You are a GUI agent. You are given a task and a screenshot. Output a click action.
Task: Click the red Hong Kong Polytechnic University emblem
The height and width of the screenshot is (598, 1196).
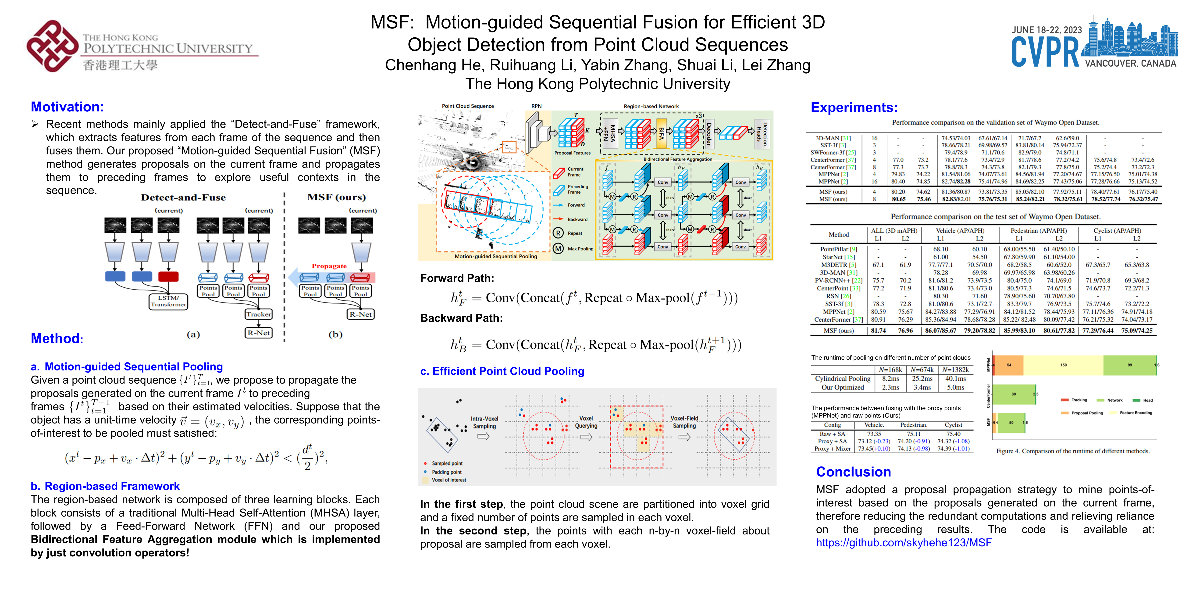[x=52, y=46]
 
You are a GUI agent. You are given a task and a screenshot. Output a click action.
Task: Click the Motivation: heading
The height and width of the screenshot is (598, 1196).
[x=67, y=107]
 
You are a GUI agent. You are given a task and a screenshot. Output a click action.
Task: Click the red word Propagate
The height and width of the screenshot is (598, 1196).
[x=329, y=266]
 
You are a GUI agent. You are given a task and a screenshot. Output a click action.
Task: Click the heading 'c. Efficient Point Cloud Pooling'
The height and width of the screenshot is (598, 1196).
[x=502, y=371]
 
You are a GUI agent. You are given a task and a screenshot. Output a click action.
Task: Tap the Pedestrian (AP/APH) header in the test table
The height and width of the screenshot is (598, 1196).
[x=1039, y=231]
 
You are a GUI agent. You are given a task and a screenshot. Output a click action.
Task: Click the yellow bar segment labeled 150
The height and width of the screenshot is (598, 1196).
[x=1063, y=365]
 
